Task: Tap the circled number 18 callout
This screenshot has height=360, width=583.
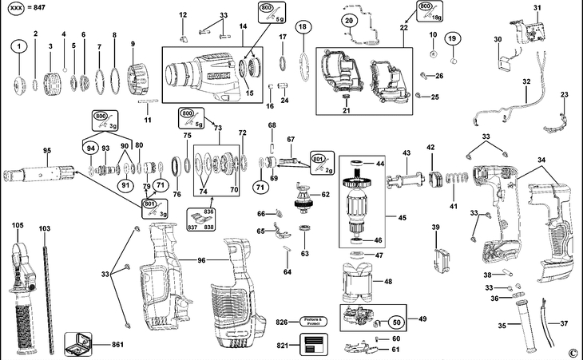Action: (x=302, y=27)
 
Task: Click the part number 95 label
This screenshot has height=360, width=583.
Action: (x=46, y=151)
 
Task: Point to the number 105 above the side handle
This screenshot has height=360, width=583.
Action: (x=18, y=226)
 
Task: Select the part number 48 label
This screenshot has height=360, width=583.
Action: (x=389, y=281)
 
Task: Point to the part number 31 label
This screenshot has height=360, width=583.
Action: (x=537, y=8)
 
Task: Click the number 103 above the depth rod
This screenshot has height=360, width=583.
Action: (x=44, y=229)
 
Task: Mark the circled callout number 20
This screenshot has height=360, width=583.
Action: (x=349, y=20)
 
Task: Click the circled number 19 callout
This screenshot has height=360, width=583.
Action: (x=452, y=38)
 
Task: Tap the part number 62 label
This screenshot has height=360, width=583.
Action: (x=325, y=195)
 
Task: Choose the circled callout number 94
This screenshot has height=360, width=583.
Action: (x=90, y=148)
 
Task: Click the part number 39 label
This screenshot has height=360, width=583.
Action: (x=436, y=228)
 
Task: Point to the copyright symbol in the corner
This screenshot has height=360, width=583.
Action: (x=572, y=352)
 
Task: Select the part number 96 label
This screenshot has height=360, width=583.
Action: (x=202, y=260)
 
